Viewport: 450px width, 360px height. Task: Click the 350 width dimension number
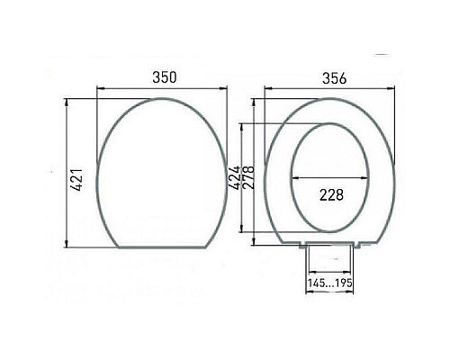[x=162, y=78]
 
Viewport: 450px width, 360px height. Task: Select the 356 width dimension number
[x=330, y=78]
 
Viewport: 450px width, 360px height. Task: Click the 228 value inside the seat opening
[x=331, y=195]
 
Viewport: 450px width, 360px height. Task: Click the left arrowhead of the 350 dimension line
[x=98, y=88]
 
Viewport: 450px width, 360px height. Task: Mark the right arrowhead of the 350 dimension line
[x=224, y=88]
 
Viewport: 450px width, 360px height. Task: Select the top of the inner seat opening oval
[x=331, y=124]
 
